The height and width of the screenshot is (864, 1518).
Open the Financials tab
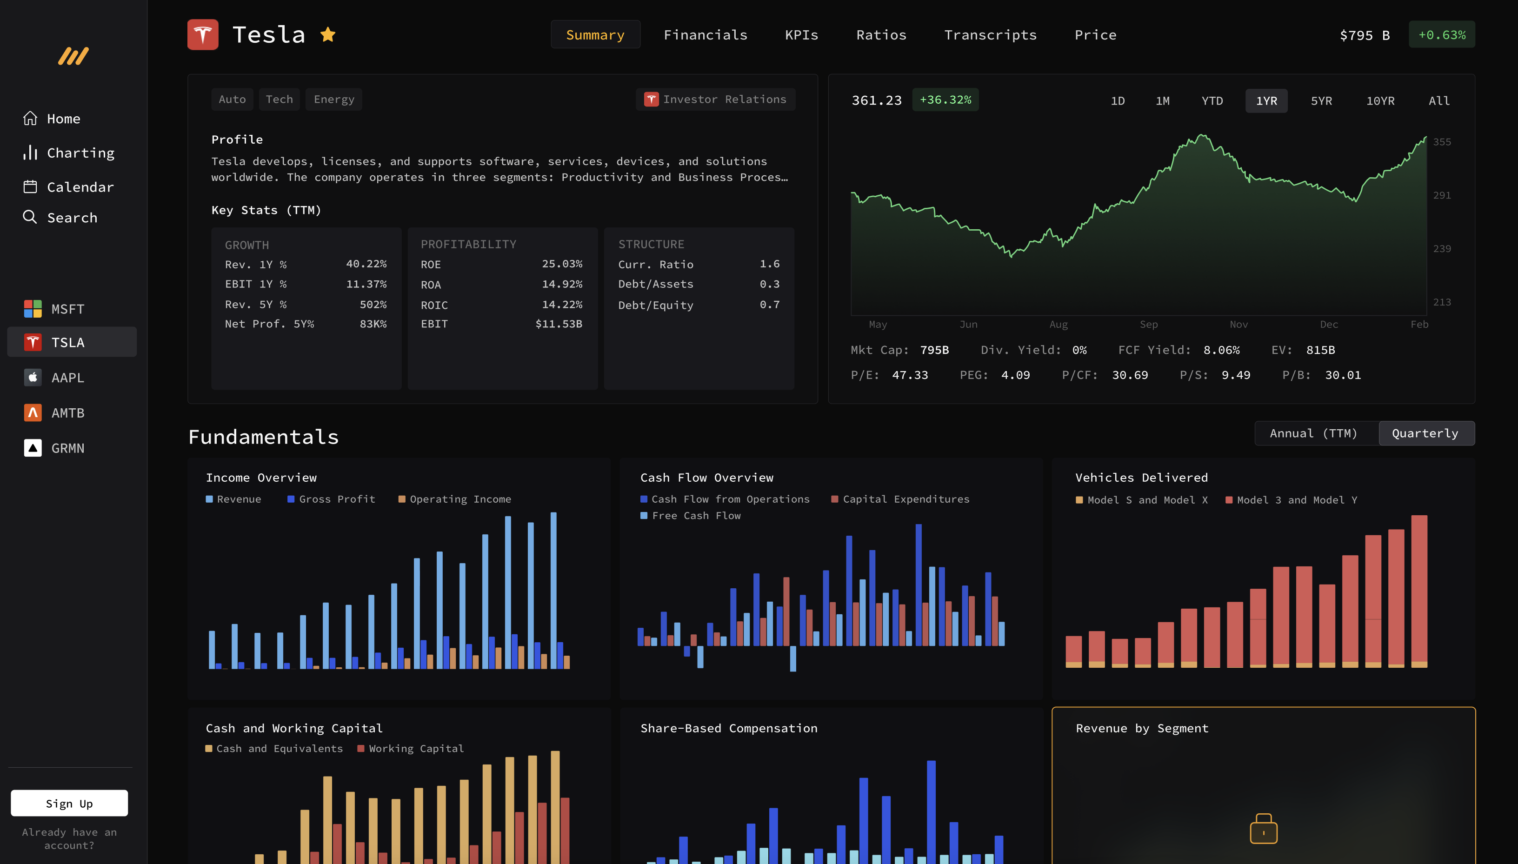[705, 35]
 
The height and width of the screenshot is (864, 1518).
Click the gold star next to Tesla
[327, 35]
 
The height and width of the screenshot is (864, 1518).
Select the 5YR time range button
[1321, 101]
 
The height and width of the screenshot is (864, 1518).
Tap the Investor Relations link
[716, 100]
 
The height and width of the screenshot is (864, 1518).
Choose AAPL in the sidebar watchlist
[67, 378]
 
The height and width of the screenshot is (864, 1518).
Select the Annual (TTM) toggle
[1313, 433]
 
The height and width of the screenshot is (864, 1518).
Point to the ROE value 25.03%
[561, 264]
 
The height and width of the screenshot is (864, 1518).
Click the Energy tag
[333, 100]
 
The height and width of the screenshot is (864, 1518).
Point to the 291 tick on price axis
[1441, 195]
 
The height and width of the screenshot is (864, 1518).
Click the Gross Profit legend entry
[336, 499]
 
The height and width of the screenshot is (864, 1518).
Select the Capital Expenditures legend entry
[905, 499]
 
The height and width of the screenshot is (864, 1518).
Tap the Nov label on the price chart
[1238, 324]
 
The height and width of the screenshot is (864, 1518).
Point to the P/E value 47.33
[909, 375]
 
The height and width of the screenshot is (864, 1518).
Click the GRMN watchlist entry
[67, 448]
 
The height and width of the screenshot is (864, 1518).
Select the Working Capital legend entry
[415, 748]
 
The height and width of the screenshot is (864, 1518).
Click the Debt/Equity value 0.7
[769, 305]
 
